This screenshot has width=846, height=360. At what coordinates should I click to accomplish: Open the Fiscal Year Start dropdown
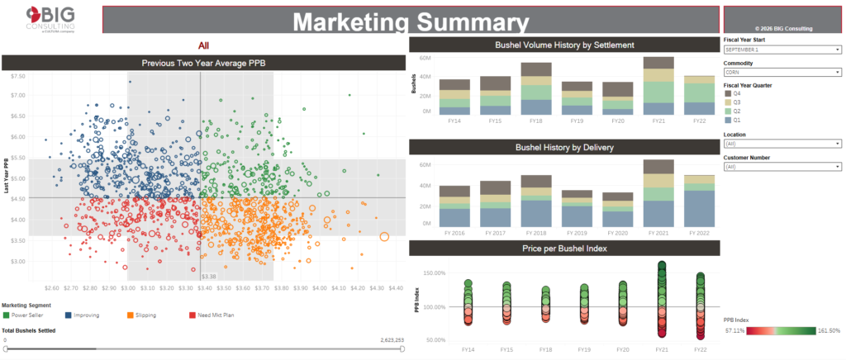pyautogui.click(x=782, y=50)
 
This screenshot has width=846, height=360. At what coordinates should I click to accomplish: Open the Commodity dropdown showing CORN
pyautogui.click(x=782, y=73)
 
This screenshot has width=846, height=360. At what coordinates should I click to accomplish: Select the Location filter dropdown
pyautogui.click(x=782, y=144)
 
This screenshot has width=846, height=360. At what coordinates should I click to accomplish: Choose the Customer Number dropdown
pyautogui.click(x=782, y=167)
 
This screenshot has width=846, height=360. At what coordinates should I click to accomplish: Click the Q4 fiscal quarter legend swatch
pyautogui.click(x=727, y=93)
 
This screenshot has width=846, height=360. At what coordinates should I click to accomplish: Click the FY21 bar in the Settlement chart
pyautogui.click(x=658, y=86)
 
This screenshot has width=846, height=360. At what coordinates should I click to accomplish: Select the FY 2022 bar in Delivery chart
pyautogui.click(x=698, y=201)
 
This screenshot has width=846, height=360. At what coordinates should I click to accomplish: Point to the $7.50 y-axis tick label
pyautogui.click(x=17, y=75)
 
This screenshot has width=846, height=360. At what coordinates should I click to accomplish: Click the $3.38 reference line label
pyautogui.click(x=209, y=277)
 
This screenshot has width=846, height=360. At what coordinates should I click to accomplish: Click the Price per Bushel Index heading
pyautogui.click(x=565, y=249)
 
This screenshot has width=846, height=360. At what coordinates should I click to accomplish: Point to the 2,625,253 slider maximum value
pyautogui.click(x=392, y=339)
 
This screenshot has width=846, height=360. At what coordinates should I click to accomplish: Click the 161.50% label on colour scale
pyautogui.click(x=828, y=331)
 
